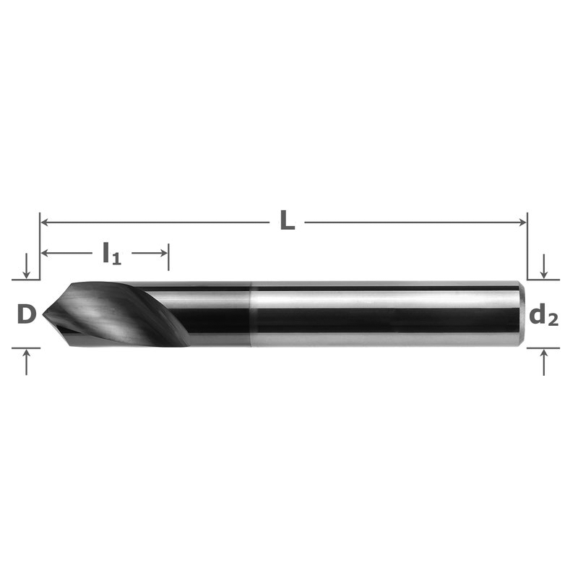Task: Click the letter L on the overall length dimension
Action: [288, 221]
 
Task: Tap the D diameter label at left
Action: [26, 314]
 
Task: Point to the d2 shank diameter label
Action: [543, 316]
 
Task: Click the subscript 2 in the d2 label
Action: [552, 320]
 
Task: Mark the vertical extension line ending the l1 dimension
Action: [169, 256]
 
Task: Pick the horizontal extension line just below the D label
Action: [26, 348]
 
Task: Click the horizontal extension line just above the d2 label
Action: [543, 280]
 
